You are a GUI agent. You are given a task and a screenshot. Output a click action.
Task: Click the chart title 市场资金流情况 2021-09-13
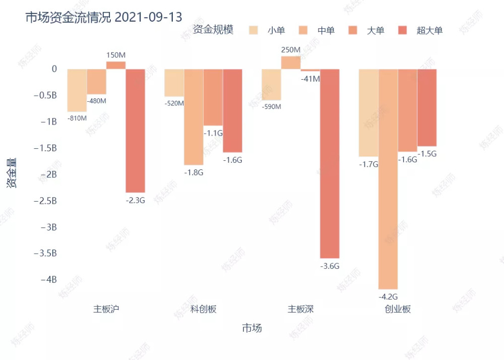tap(104, 17)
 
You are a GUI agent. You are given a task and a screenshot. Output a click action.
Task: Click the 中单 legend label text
tap(326, 31)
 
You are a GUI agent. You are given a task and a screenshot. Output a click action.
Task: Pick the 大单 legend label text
tap(375, 31)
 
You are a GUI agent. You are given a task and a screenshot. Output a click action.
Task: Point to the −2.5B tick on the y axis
tap(45, 201)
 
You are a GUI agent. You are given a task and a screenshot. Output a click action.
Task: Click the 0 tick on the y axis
tap(54, 69)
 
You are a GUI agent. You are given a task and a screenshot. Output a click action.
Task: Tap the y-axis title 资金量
tap(12, 173)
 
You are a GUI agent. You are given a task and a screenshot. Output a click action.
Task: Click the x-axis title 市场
tap(252, 328)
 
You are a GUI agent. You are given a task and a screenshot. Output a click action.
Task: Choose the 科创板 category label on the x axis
tap(203, 309)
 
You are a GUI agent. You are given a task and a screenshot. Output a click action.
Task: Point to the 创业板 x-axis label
tap(398, 309)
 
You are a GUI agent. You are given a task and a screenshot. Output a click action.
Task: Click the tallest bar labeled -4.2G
tap(388, 178)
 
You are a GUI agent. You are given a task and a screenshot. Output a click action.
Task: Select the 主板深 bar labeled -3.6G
tap(330, 163)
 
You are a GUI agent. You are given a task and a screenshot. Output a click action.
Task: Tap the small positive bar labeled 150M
tap(116, 65)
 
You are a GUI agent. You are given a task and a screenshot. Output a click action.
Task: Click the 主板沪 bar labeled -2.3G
tap(136, 131)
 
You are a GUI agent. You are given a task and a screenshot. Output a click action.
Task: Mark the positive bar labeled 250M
tap(291, 63)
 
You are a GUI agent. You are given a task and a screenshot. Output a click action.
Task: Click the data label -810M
tap(77, 118)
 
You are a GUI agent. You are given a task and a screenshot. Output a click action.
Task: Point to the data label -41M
tap(310, 79)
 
